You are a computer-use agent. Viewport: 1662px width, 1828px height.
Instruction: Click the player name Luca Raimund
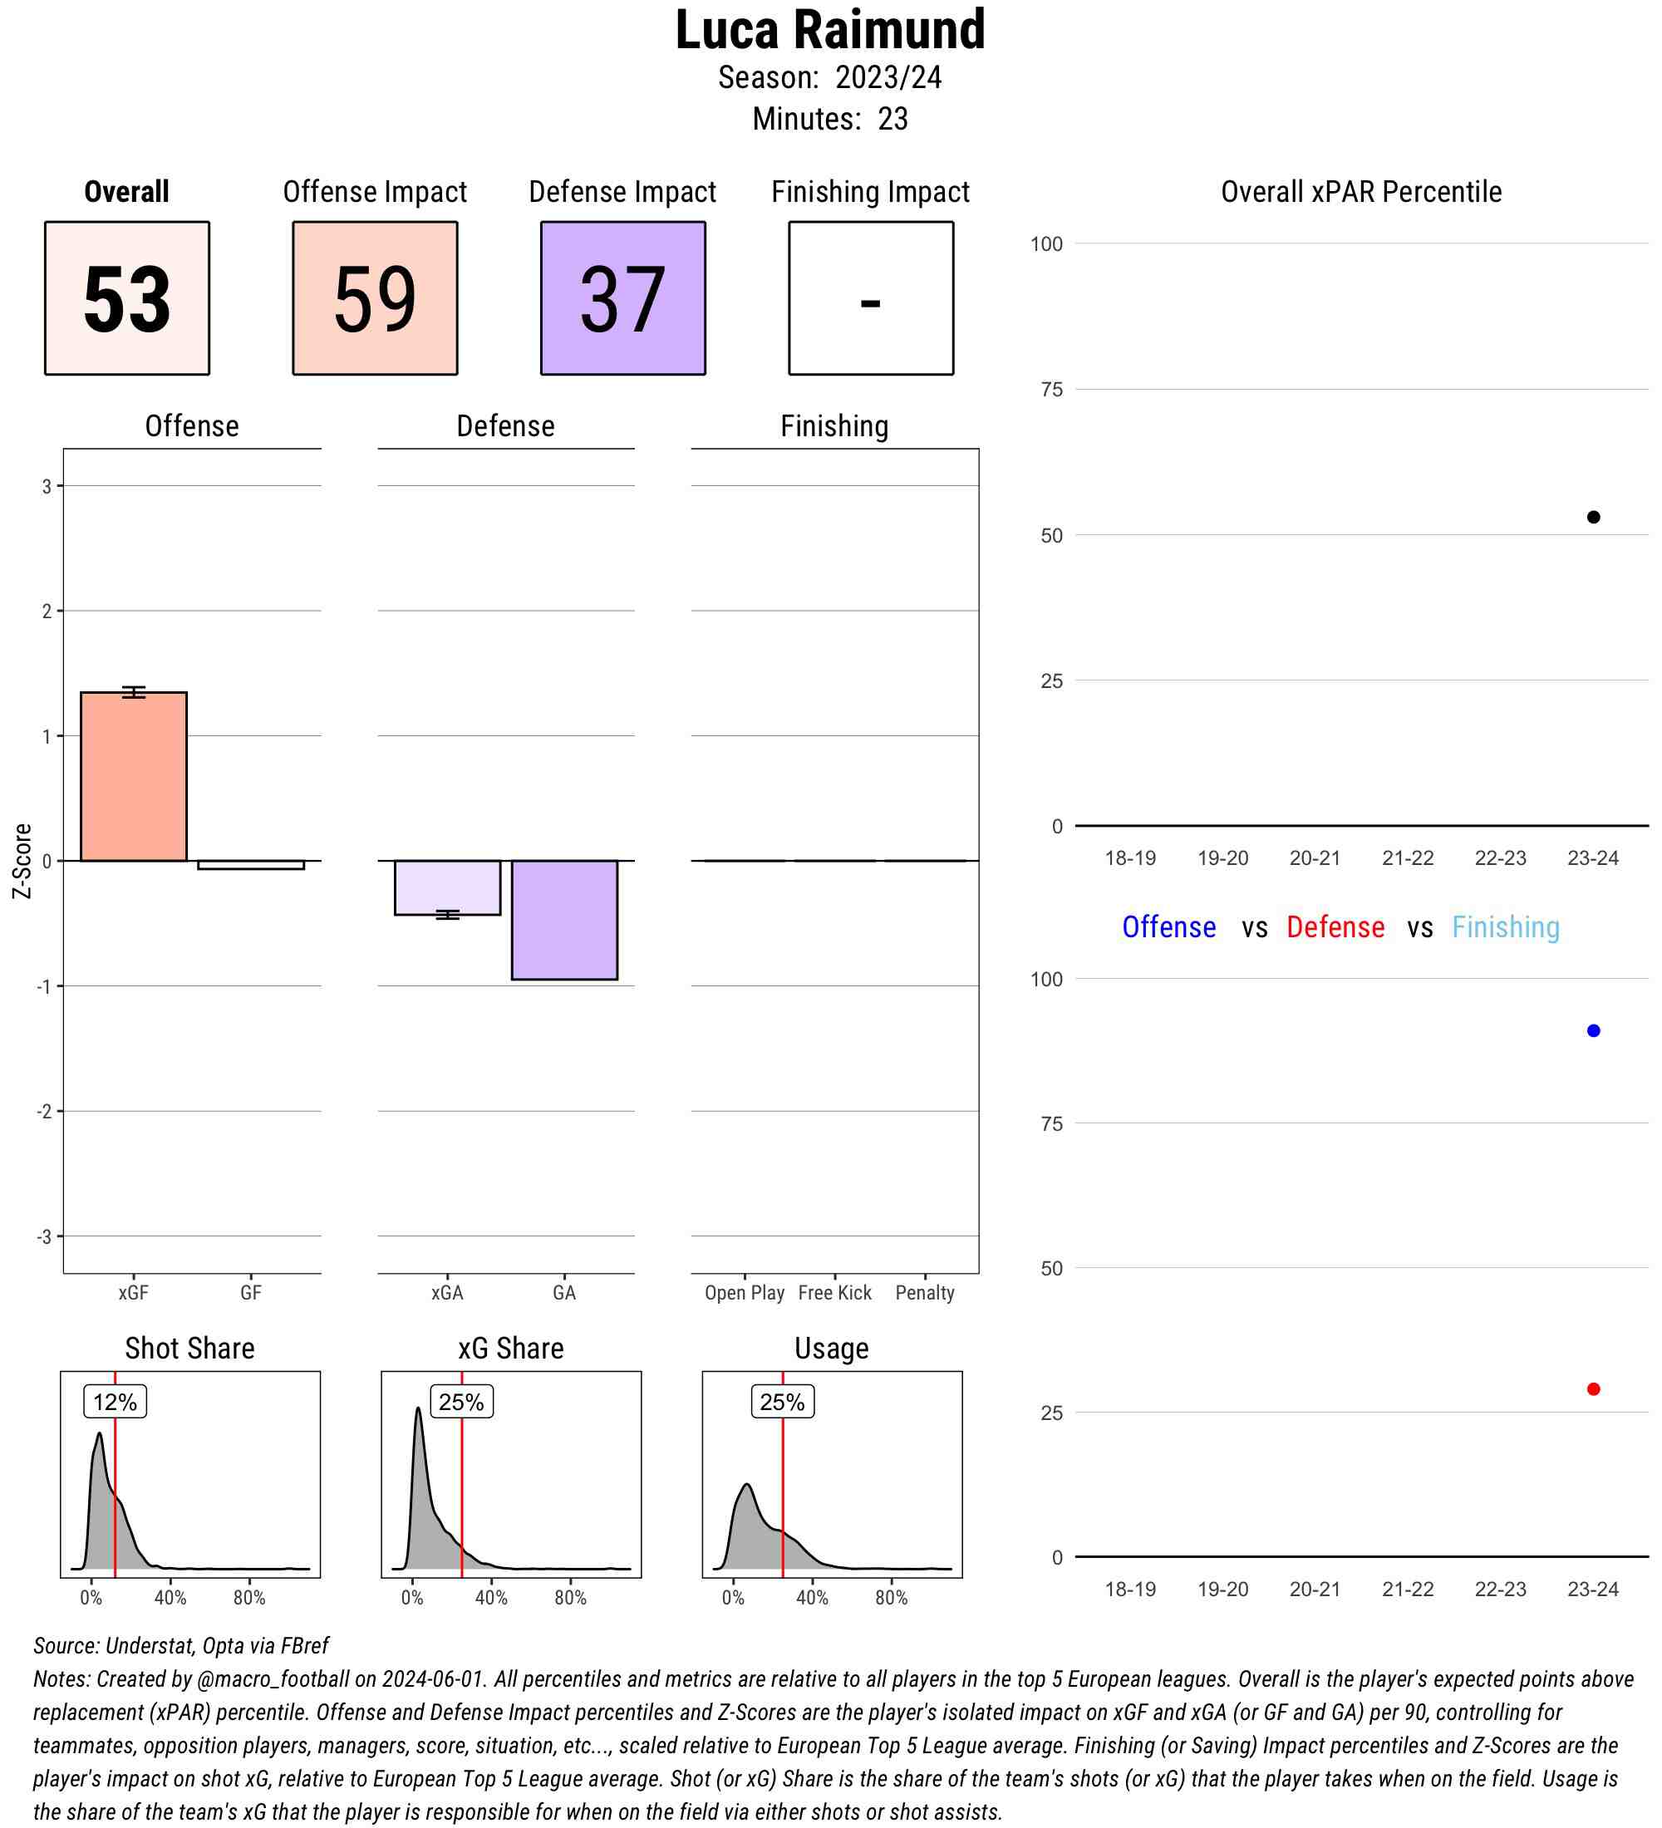(x=829, y=30)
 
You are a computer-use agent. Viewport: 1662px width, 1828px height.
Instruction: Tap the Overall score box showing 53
(x=127, y=297)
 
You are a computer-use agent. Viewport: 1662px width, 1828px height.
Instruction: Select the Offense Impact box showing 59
(x=375, y=297)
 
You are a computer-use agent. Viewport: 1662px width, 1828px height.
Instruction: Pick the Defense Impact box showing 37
(x=623, y=297)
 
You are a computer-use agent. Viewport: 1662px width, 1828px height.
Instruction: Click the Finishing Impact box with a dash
(x=870, y=297)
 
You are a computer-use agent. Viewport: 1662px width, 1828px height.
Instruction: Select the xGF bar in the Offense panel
(x=133, y=776)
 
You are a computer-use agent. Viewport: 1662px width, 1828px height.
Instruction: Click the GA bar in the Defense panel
(x=564, y=920)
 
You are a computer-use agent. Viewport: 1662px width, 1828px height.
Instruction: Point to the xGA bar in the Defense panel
(x=447, y=887)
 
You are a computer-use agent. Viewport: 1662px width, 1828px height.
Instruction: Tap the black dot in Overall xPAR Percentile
(x=1593, y=517)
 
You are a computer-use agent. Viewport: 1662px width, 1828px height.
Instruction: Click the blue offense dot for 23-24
(x=1593, y=1031)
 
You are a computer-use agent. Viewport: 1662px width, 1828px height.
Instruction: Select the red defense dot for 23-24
(x=1593, y=1389)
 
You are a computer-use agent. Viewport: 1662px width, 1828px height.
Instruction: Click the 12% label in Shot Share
(x=116, y=1402)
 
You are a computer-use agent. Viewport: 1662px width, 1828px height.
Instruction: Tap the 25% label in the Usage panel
(x=782, y=1402)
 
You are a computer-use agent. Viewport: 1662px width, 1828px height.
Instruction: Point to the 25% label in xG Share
(x=461, y=1402)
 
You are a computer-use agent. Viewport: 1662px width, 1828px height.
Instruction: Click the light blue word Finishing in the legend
(x=1505, y=926)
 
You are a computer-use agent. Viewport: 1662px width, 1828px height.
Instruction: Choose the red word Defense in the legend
(x=1335, y=926)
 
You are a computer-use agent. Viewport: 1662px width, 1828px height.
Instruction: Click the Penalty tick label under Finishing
(x=924, y=1292)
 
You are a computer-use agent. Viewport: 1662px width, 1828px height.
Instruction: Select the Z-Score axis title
(x=22, y=861)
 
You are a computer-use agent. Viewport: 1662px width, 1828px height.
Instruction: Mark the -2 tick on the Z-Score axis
(x=46, y=1111)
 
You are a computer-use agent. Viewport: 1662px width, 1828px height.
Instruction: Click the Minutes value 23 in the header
(x=892, y=119)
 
